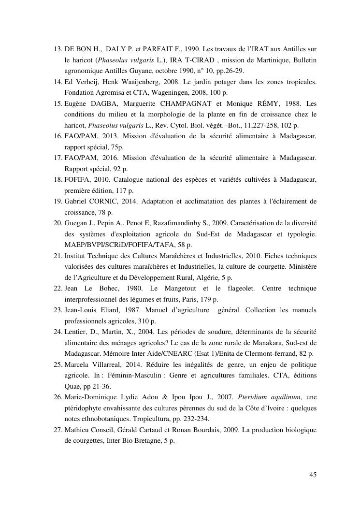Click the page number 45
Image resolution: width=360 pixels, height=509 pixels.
pyautogui.click(x=313, y=475)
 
